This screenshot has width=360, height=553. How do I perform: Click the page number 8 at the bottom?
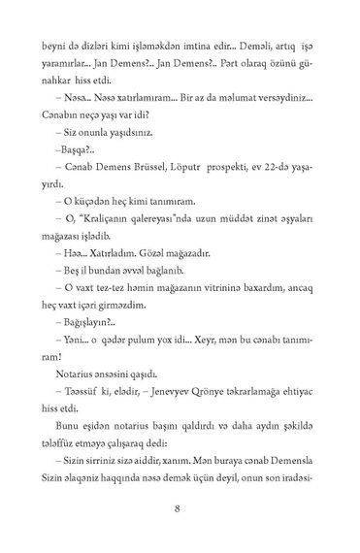pos(179,506)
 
